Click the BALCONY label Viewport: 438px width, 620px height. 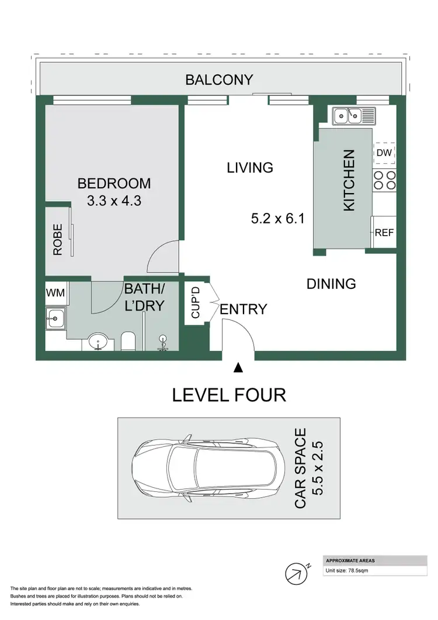coord(219,80)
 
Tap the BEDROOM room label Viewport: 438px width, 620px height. coord(114,184)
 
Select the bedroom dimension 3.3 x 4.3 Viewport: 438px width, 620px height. coord(114,201)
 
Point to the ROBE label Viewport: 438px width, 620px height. coord(58,240)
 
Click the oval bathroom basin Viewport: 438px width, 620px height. coord(97,342)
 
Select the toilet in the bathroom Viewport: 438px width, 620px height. coord(128,340)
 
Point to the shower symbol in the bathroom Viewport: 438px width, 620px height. coord(163,342)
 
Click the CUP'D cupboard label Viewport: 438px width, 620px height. coord(196,302)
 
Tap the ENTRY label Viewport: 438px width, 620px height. coord(244,309)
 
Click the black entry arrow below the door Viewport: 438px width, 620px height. coord(238,368)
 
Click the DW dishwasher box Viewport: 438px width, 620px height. coord(384,153)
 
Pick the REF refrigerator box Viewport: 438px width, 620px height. coord(384,232)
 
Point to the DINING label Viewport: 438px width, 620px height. coord(331,284)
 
